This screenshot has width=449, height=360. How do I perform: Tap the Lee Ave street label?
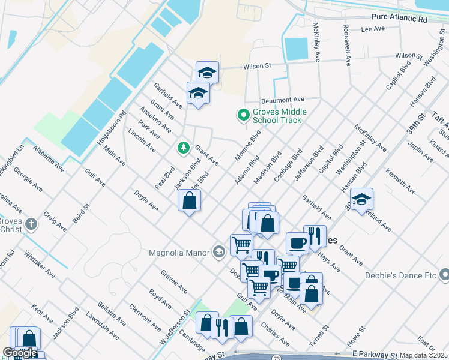click(x=372, y=29)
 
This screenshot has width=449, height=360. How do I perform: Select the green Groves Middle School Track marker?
click(x=243, y=115)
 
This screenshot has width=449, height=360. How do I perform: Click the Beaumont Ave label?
click(x=283, y=100)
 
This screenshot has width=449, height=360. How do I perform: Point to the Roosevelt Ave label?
click(x=346, y=45)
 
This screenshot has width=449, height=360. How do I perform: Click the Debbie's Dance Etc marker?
click(x=444, y=275)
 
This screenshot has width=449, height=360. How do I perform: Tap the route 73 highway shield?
click(x=276, y=357)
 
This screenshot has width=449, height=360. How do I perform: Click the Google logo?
click(x=20, y=353)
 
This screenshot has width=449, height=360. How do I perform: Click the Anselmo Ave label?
click(x=154, y=120)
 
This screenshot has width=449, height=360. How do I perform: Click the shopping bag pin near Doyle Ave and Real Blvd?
click(x=189, y=202)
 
